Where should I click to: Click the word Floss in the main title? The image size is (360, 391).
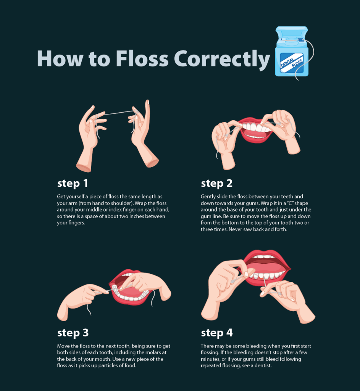coord(142,58)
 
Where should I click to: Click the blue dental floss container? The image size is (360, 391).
coord(292,52)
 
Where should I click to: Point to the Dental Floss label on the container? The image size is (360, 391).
coord(292,63)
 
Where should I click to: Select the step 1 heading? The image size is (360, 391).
coord(73,184)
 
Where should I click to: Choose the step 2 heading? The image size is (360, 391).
coord(216,184)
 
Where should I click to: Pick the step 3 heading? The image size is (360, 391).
coord(73,333)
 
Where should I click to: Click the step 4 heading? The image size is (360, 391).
coord(216,333)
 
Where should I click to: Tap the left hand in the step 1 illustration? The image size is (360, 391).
coord(91,137)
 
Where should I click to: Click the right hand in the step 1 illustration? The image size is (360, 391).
coord(142,135)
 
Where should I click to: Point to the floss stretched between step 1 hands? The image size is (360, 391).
coord(117,113)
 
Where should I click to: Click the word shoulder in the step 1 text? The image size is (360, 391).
coord(121,203)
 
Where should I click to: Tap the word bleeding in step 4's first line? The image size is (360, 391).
coord(255,346)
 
